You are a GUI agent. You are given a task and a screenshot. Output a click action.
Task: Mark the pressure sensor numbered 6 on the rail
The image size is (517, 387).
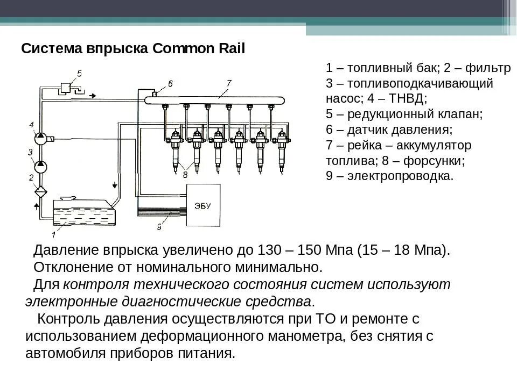pos(155,95)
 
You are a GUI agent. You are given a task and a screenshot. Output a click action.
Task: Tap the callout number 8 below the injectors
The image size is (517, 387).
pos(185,174)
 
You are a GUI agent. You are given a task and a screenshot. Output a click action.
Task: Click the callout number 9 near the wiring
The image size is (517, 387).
pos(159,227)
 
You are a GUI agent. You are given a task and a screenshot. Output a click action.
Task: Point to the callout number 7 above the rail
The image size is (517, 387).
pos(228,82)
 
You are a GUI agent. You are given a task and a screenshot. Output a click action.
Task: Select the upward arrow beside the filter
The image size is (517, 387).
pos(36,206)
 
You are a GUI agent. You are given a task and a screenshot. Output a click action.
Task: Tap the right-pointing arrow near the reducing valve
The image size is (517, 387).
pos(93,96)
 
